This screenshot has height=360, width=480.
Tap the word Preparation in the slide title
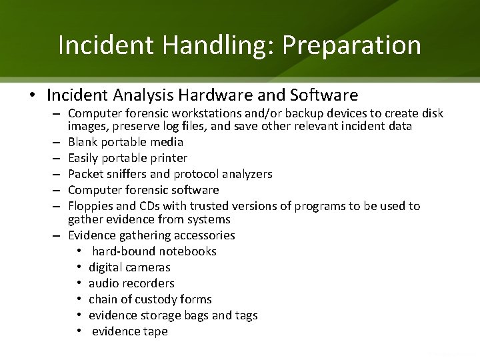pos(351,45)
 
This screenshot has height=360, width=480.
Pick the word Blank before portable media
pos(83,142)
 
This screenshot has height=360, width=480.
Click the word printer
pos(165,158)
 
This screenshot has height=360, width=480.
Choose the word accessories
pos(204,235)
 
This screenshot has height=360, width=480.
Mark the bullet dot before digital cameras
pos(79,267)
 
